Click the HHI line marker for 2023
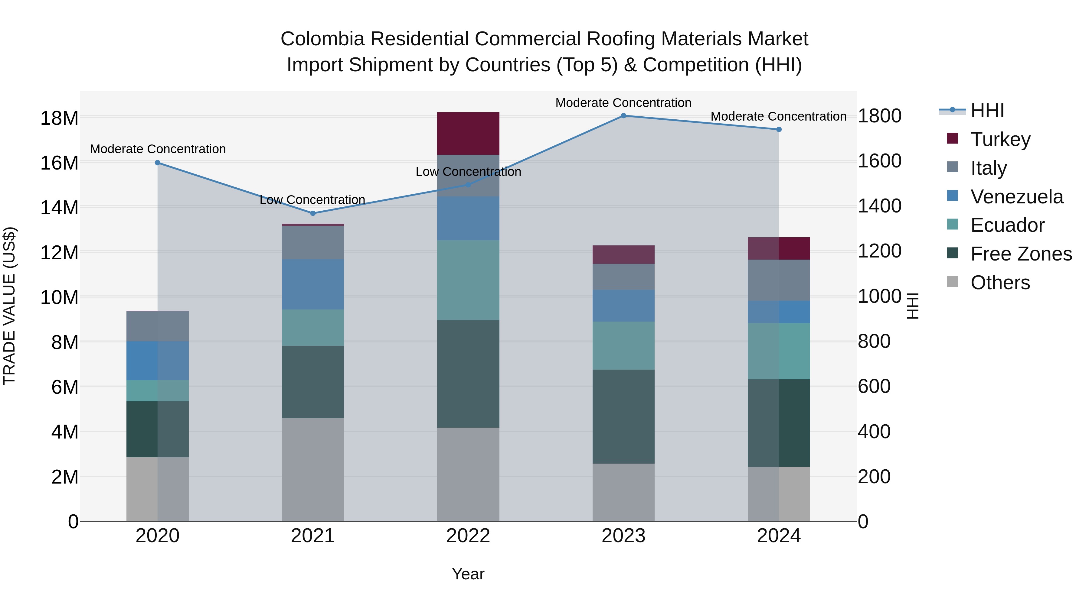[x=623, y=116]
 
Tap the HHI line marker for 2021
[x=313, y=213]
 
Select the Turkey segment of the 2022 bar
[x=468, y=134]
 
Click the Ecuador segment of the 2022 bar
[x=468, y=280]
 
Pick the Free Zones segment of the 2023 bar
[x=623, y=416]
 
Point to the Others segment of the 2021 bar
[x=313, y=470]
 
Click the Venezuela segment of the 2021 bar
[x=313, y=284]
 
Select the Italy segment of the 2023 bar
[x=623, y=277]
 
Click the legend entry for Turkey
[x=1000, y=139]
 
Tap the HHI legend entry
[x=987, y=111]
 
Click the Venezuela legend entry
[x=1016, y=197]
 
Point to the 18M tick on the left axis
[x=59, y=118]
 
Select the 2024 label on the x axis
[x=779, y=536]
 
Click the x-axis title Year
[x=468, y=574]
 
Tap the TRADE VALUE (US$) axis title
[x=9, y=306]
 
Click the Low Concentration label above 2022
[x=468, y=172]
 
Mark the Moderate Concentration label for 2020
[x=158, y=149]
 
